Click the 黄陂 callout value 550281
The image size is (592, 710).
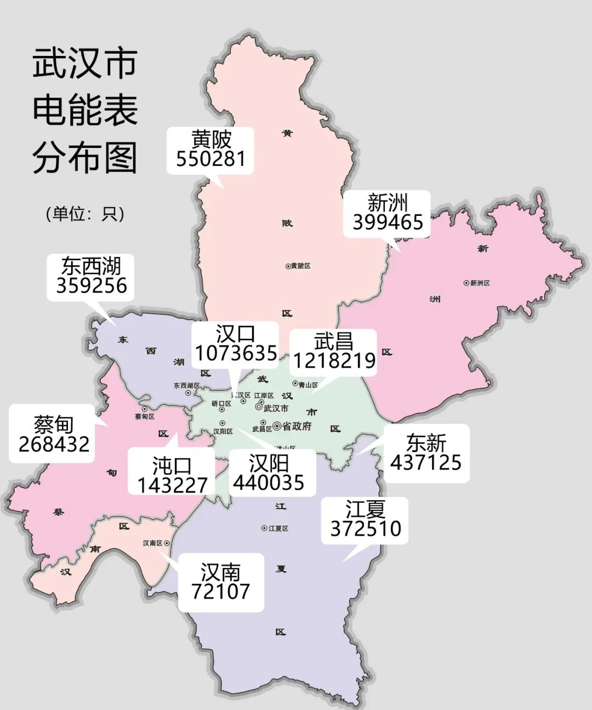210,159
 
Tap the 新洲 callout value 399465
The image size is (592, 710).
388,222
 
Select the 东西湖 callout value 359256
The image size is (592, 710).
92,285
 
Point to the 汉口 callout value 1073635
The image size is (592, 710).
236,353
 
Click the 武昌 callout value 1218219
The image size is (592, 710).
334,360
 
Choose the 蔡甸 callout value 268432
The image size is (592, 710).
54,444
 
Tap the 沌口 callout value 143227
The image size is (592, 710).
172,485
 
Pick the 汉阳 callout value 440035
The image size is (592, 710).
269,483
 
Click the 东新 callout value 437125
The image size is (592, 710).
426,462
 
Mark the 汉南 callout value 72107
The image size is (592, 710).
220,592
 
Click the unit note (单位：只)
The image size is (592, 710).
85,214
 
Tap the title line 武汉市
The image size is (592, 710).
85,64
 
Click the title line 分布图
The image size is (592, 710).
85,158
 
